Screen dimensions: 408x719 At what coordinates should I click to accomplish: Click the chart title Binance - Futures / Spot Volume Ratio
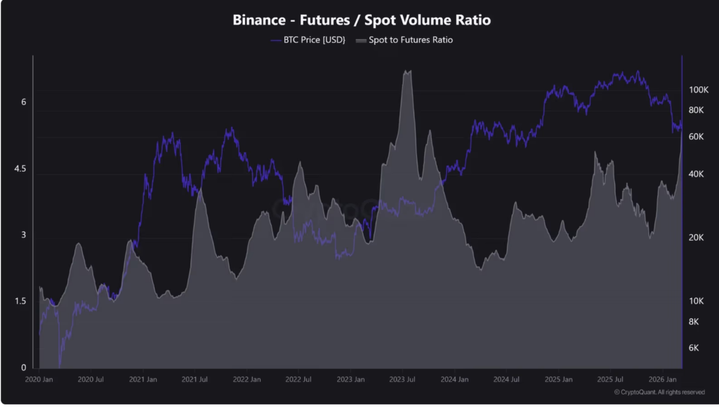point(362,20)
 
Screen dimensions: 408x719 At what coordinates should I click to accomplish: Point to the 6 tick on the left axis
point(23,102)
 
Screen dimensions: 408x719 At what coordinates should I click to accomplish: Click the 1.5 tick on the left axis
point(21,301)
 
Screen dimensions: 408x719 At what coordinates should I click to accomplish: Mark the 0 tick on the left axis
point(23,367)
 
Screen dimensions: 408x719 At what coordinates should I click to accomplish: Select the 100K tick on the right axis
point(700,90)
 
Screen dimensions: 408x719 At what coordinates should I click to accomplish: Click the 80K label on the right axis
point(697,111)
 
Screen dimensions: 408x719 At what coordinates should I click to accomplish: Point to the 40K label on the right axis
point(697,174)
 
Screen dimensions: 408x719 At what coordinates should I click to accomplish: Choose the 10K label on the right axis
point(697,301)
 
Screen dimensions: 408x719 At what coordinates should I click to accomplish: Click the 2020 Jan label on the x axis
point(39,379)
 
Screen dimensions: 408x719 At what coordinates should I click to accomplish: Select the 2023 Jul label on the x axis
point(401,379)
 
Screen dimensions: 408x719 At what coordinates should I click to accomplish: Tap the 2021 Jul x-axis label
point(194,379)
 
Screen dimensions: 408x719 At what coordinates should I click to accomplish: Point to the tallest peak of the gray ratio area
point(407,72)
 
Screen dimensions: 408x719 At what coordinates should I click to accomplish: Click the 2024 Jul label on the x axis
point(505,379)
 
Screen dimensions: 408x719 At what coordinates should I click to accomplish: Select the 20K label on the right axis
point(697,238)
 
